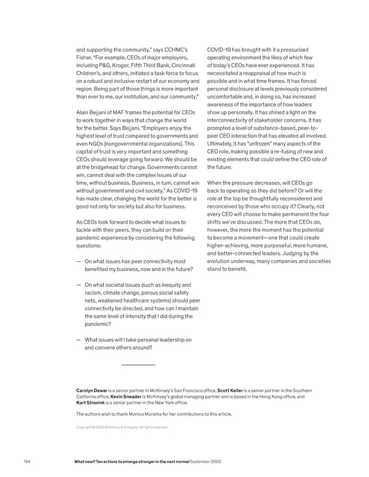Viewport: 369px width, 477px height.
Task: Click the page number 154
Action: (x=26, y=462)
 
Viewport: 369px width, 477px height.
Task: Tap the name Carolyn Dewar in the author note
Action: (x=92, y=390)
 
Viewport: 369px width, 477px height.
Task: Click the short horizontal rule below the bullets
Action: (x=138, y=365)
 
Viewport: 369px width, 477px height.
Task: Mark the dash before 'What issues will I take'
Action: (x=79, y=340)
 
